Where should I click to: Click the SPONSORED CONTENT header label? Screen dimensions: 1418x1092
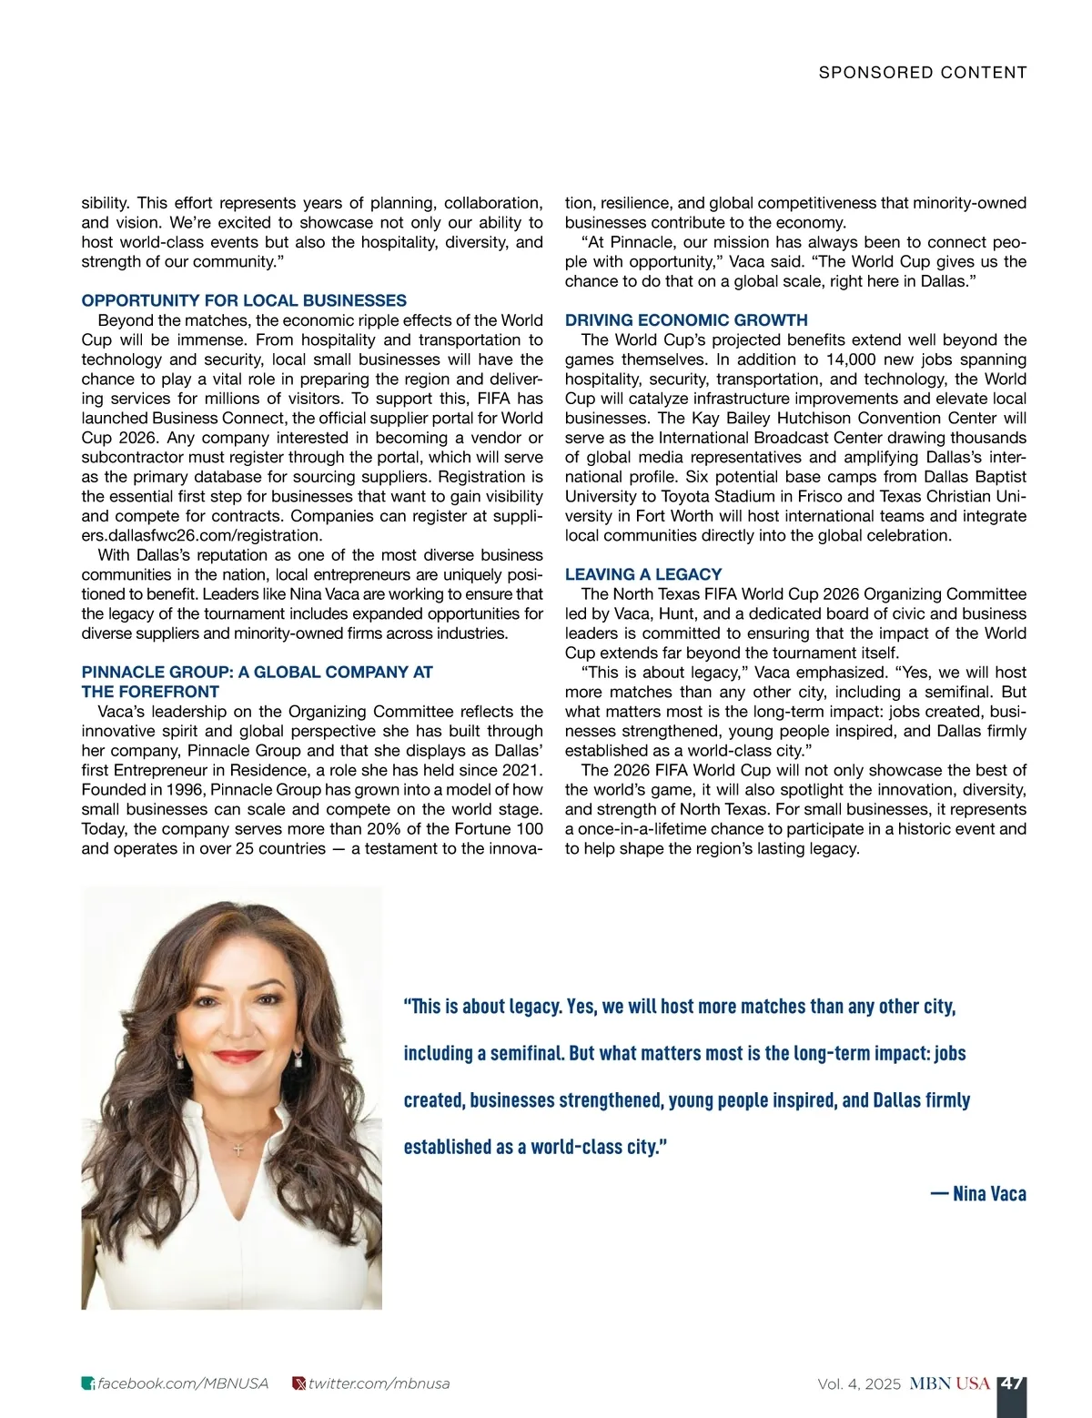[922, 73]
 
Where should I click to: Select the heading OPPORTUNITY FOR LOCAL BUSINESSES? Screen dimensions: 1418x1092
[244, 300]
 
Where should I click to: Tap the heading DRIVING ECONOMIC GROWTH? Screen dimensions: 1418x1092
[686, 320]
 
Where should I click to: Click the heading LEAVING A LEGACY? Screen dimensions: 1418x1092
[643, 574]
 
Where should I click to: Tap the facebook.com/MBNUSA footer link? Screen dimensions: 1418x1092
[183, 1383]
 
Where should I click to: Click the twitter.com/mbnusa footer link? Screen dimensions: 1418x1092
[379, 1383]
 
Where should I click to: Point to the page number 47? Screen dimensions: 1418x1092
[1011, 1383]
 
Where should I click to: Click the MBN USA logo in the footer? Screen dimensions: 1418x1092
[949, 1383]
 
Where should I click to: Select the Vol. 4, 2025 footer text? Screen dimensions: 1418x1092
[858, 1384]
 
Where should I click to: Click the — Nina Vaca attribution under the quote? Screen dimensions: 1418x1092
[978, 1194]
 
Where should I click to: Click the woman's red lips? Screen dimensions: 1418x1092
[238, 1057]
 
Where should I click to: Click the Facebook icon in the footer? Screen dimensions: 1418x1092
[88, 1384]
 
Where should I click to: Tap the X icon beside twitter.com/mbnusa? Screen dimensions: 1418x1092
[298, 1384]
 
